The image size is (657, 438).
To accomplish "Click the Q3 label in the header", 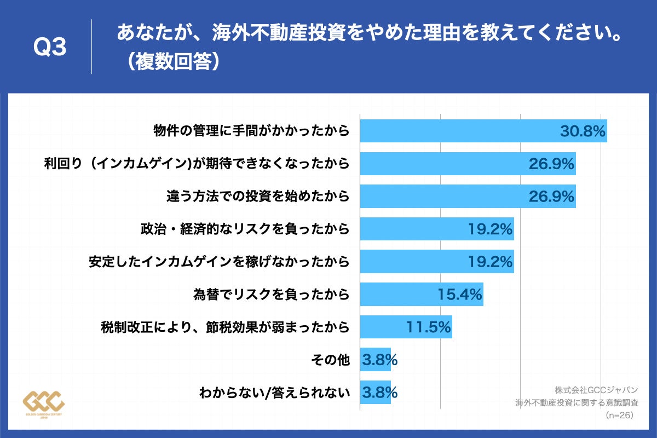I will (x=50, y=48).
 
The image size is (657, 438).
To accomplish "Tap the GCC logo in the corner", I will (x=44, y=404).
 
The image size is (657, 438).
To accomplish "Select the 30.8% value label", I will (x=582, y=131).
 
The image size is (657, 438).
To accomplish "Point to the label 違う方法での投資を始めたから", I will (x=258, y=196).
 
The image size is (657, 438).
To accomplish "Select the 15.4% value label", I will (x=460, y=295).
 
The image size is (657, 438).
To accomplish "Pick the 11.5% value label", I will (x=429, y=327).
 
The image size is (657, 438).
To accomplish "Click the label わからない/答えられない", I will (x=274, y=393).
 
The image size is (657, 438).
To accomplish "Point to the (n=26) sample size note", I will (x=620, y=416).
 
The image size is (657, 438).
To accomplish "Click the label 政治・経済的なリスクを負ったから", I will (x=245, y=229).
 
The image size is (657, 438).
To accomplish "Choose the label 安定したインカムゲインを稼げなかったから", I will (x=219, y=262).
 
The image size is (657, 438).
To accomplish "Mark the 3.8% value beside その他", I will (x=379, y=360).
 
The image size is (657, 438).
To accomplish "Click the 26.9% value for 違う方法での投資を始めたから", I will (x=551, y=196).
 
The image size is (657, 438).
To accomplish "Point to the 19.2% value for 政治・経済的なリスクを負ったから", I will (x=490, y=229).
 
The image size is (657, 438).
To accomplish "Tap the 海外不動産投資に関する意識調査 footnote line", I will (x=577, y=403).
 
